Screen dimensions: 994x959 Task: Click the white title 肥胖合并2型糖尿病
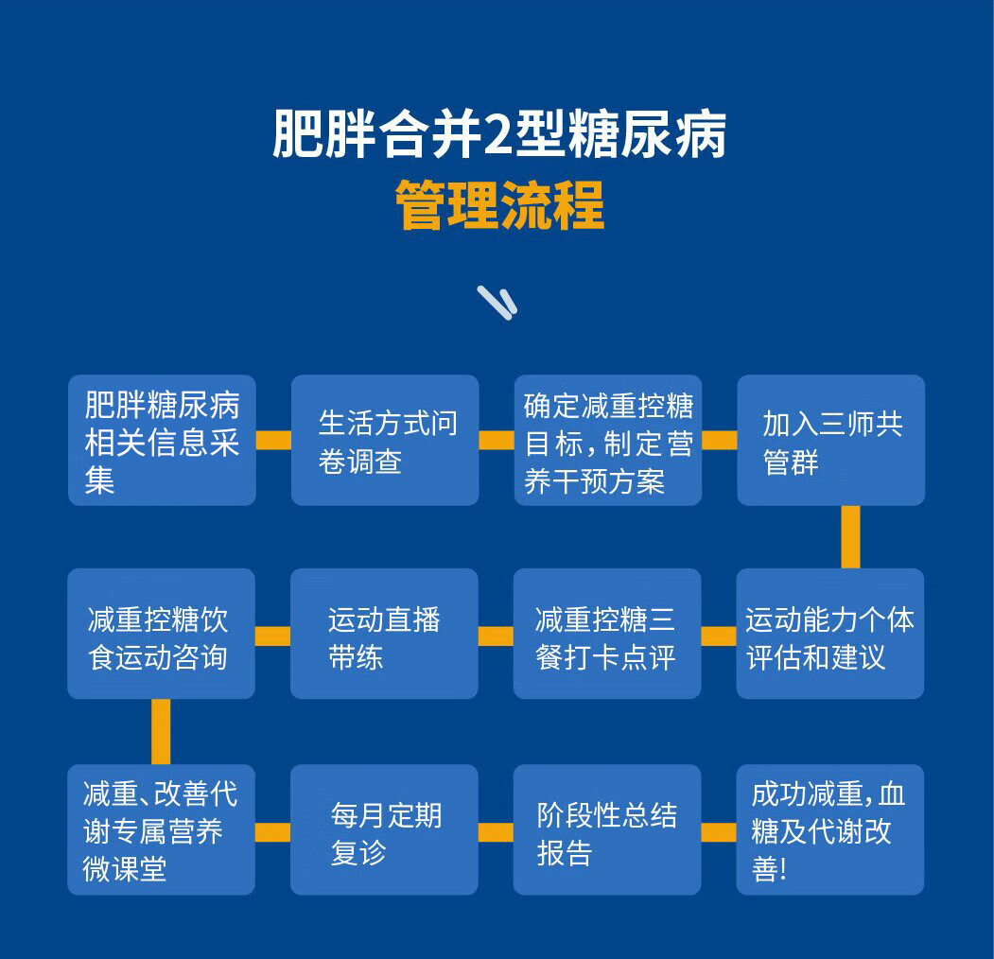[x=498, y=135]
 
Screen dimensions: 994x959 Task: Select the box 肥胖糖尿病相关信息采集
[x=162, y=441]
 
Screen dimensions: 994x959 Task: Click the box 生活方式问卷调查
[x=385, y=441]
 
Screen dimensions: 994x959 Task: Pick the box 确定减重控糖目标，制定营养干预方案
[x=608, y=441]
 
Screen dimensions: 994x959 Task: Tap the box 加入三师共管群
[x=831, y=441]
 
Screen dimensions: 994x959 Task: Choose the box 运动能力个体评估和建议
[x=830, y=634]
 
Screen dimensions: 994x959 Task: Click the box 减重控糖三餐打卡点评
[x=607, y=634]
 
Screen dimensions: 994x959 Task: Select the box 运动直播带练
[x=384, y=634]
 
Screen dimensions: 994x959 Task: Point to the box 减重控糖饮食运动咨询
[x=161, y=634]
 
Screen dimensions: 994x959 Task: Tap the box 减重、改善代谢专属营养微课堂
[x=161, y=829]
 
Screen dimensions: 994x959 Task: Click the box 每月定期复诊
[x=384, y=829]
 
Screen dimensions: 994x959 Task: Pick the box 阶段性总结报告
[x=607, y=829]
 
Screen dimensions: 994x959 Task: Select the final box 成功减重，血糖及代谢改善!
[x=830, y=829]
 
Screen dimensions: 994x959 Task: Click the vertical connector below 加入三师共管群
[x=850, y=536]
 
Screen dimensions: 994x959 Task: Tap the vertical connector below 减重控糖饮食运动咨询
[x=161, y=731]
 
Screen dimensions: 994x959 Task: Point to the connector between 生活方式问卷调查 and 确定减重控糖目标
[x=497, y=441]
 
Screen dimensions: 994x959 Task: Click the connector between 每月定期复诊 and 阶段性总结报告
[x=496, y=832]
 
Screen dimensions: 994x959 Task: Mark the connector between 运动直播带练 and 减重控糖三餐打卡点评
[x=496, y=636]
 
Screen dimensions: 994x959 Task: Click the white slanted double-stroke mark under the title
[x=497, y=302]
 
